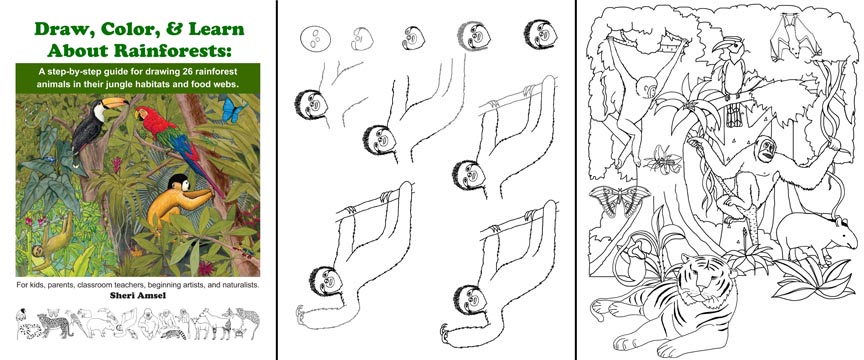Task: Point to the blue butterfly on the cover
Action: pos(232,111)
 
